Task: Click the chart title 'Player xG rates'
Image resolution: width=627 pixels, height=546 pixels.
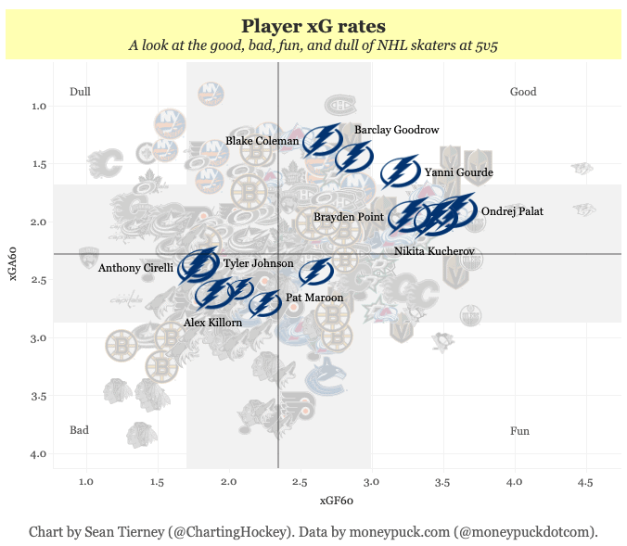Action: (313, 26)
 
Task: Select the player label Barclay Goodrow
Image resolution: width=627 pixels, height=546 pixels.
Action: (396, 131)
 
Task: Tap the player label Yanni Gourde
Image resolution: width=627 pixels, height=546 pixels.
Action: (458, 172)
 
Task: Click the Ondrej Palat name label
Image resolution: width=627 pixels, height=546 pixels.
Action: (512, 211)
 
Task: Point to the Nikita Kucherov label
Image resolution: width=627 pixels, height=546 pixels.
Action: (434, 251)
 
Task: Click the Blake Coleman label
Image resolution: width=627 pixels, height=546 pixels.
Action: (262, 142)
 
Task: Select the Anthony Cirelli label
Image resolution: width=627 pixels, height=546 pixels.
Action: (135, 269)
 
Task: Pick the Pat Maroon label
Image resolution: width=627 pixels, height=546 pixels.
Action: (314, 298)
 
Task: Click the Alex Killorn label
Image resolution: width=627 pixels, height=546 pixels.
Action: (212, 323)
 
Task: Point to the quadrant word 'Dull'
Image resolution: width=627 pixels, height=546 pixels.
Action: (80, 92)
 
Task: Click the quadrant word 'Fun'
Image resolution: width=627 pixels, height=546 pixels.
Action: (519, 431)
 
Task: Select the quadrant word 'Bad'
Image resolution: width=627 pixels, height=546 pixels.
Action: (80, 430)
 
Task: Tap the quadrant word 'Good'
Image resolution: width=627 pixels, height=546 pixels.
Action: (523, 92)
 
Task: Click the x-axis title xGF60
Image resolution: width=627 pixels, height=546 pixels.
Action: (337, 501)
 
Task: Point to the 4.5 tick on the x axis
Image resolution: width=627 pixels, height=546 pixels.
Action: (584, 482)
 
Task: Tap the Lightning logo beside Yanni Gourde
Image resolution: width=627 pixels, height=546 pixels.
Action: (400, 172)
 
